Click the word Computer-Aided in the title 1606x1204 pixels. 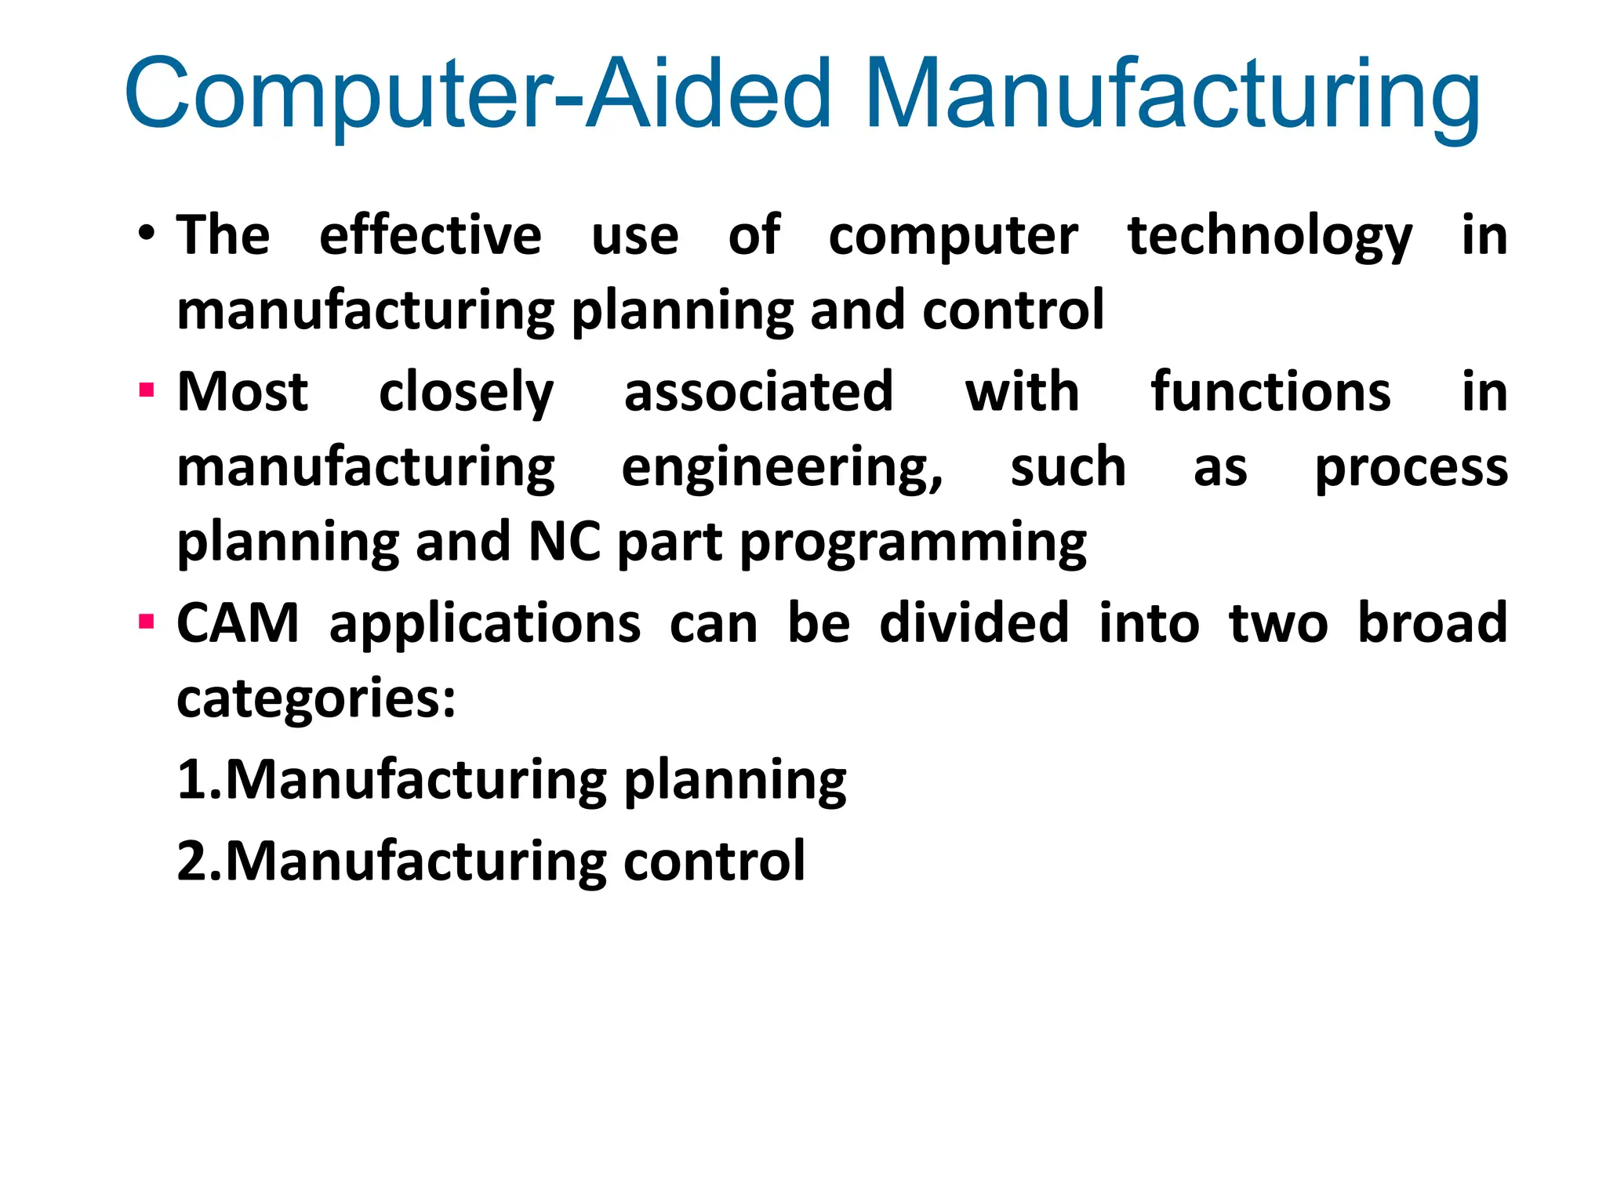(x=477, y=94)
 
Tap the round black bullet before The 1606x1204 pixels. (x=147, y=233)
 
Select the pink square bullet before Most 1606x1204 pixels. (x=146, y=390)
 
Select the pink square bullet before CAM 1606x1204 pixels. (x=146, y=622)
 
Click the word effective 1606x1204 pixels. (x=430, y=235)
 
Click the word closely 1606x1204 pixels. (x=466, y=393)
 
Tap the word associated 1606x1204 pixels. (x=758, y=391)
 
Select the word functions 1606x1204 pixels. (x=1270, y=391)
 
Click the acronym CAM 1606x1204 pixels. (x=238, y=623)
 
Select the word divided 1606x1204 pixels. (x=974, y=623)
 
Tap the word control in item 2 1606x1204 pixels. (x=714, y=861)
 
